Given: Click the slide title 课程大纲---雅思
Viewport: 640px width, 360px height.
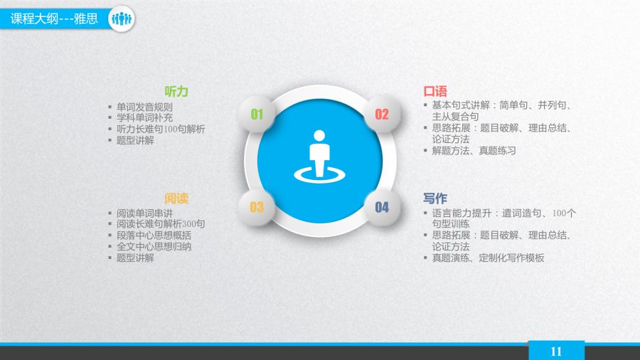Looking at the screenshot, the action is (x=54, y=18).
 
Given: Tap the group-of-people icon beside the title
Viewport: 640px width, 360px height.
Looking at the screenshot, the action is (x=122, y=18).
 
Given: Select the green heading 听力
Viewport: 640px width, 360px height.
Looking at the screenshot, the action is (x=176, y=92).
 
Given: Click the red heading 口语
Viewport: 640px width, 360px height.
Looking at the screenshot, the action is (x=435, y=91).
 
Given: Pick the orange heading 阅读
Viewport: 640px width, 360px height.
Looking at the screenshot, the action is (x=176, y=198).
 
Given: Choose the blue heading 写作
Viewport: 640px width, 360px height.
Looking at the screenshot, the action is (x=435, y=198).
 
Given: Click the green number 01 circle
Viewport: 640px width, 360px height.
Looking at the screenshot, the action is (x=257, y=115).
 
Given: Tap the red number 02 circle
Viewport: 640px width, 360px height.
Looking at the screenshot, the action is (x=382, y=115).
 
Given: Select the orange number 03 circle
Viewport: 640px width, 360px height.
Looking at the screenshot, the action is (x=257, y=207).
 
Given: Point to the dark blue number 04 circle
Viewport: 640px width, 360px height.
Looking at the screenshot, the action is (x=382, y=207).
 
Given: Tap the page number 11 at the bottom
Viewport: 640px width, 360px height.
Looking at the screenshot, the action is (x=556, y=351).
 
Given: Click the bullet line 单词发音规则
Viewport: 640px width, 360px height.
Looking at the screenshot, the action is (x=144, y=107).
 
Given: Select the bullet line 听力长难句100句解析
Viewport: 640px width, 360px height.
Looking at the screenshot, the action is (x=161, y=129).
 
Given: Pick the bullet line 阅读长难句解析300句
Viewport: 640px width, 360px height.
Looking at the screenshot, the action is (x=161, y=223).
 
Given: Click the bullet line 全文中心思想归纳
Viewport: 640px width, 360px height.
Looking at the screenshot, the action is (x=154, y=247).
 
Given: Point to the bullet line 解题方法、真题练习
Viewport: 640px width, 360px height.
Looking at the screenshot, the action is (x=474, y=151).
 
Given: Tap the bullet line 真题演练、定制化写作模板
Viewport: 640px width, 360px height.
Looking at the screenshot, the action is (x=488, y=258).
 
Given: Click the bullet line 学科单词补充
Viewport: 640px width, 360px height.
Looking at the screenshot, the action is (x=144, y=117).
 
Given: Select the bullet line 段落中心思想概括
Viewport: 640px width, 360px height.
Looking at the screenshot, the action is (x=154, y=235).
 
